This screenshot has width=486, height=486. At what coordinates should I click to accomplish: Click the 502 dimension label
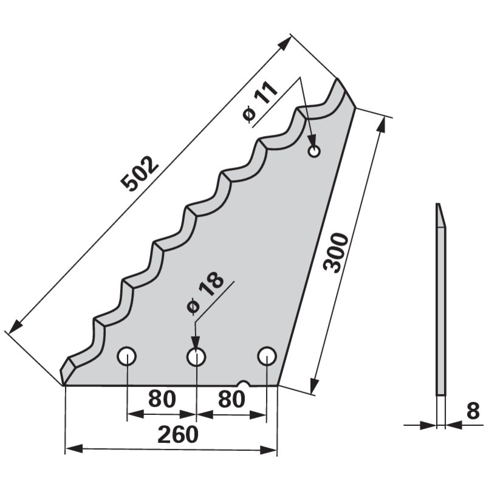[140, 174]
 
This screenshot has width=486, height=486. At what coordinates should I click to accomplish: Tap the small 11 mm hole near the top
[313, 151]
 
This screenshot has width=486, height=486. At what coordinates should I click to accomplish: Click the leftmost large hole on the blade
[127, 357]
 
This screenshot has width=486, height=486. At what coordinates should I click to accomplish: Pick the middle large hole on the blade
[196, 357]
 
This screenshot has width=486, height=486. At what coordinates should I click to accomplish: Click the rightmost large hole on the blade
[266, 357]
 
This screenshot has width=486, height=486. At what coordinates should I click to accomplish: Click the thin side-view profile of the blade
[440, 304]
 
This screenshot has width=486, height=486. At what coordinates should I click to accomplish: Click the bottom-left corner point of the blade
[64, 385]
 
